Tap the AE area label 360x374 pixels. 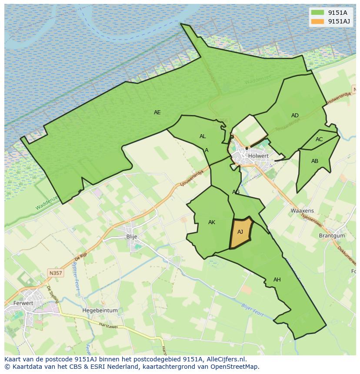point(157,113)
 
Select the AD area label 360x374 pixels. point(295,116)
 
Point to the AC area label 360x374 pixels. point(319,139)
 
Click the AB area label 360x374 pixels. point(315,161)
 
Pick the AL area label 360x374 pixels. point(203,136)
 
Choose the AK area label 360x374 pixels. point(212,222)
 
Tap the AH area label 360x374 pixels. point(277,280)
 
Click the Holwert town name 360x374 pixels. point(258,156)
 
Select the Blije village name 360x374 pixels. point(131,236)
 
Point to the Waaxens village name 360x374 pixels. point(302,211)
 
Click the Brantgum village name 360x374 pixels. point(332,235)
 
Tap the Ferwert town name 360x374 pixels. point(23,303)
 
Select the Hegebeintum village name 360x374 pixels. point(100,311)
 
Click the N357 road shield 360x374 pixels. point(55,273)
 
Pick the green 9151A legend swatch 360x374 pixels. point(318,13)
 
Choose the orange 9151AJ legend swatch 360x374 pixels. point(318,21)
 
